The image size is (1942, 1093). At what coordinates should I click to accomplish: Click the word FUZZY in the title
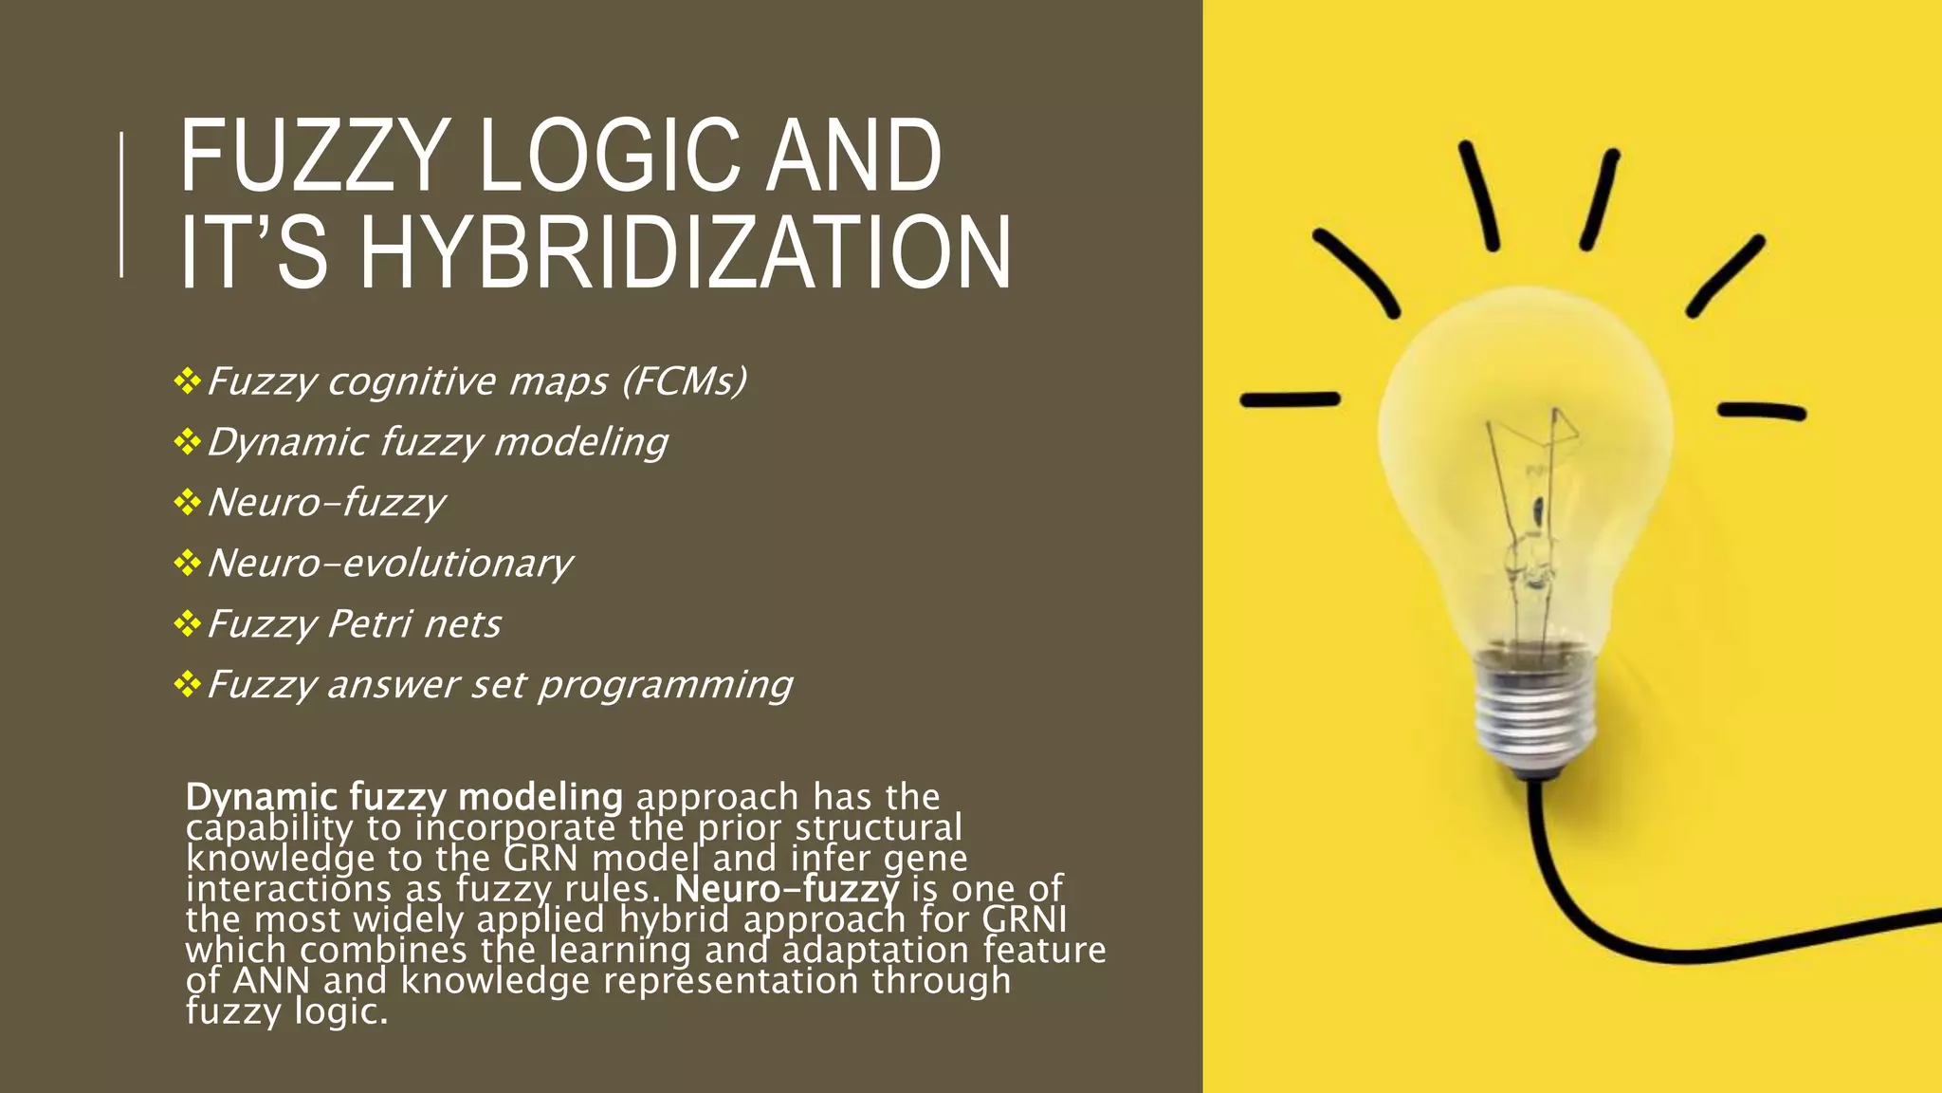coord(313,157)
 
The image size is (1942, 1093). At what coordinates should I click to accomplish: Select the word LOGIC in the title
coord(607,157)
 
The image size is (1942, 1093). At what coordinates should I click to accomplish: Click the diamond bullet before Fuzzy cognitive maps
coord(188,381)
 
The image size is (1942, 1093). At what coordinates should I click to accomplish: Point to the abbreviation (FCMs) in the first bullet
coord(685,381)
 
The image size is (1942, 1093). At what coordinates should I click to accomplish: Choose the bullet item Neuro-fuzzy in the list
coord(326,503)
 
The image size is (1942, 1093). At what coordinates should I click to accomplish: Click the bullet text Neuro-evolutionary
coord(390,564)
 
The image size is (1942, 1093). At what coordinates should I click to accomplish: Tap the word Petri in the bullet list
coord(369,624)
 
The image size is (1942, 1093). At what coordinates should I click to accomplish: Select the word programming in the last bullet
coord(666,685)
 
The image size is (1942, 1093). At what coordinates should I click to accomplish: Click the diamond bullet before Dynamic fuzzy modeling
coord(188,442)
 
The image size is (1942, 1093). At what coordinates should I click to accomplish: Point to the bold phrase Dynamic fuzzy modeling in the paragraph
coord(404,797)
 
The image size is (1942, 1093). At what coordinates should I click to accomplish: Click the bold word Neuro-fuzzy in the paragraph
coord(786,889)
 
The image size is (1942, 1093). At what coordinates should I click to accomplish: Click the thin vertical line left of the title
coord(121,204)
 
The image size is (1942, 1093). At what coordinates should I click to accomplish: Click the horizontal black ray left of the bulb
coord(1290,400)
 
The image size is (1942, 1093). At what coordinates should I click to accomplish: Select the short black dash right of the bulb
coord(1762,412)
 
